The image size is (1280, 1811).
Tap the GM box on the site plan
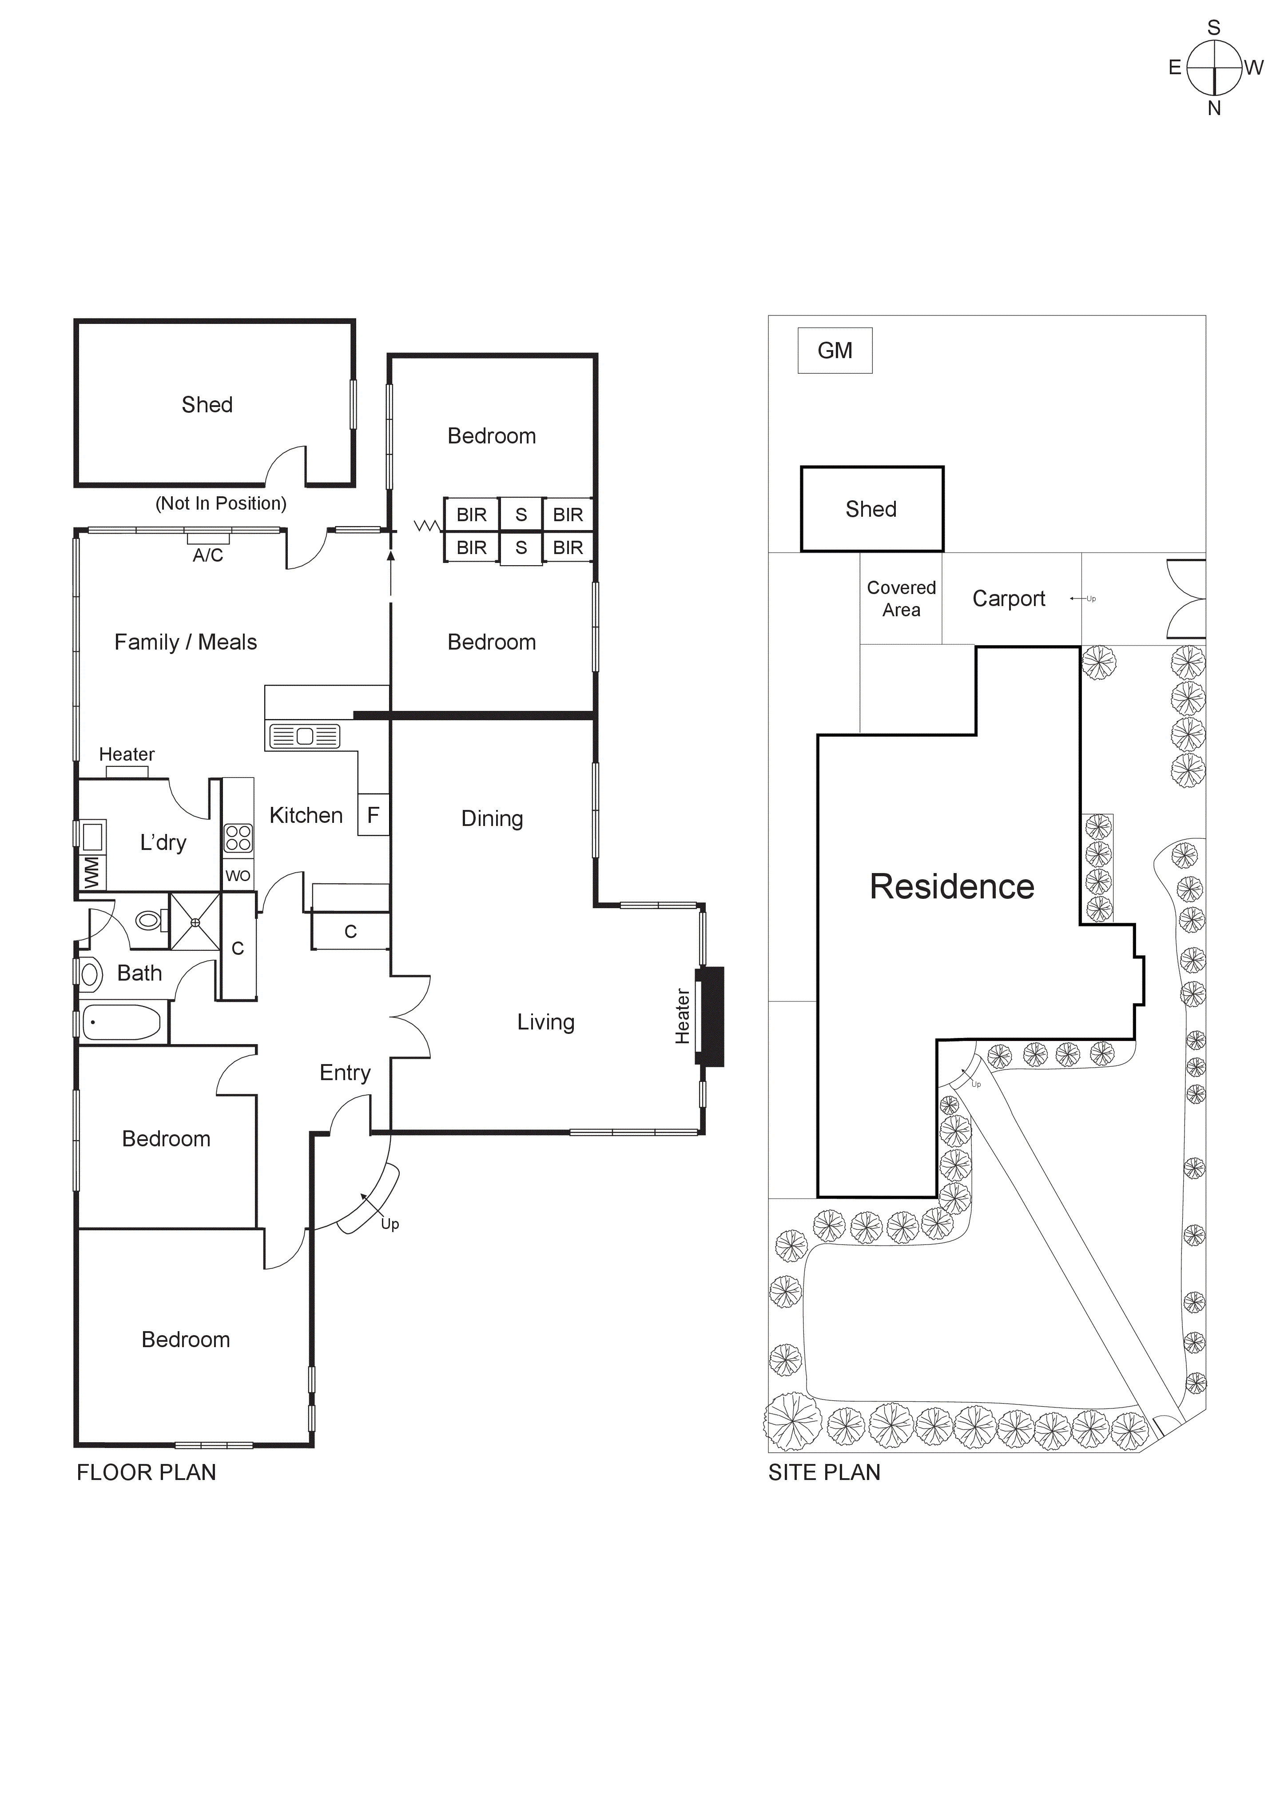click(x=835, y=350)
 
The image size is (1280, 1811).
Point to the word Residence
click(x=951, y=886)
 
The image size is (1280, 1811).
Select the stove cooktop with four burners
click(x=238, y=838)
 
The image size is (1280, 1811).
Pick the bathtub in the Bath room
click(x=122, y=1023)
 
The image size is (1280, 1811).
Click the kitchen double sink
click(x=304, y=736)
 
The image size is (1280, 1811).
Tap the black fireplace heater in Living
click(x=712, y=1017)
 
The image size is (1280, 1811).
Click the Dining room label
click(x=492, y=819)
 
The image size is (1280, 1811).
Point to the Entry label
click(x=345, y=1073)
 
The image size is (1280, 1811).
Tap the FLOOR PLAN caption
click(x=146, y=1472)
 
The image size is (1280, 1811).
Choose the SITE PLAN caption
click(x=824, y=1472)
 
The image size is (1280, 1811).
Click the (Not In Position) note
click(x=221, y=503)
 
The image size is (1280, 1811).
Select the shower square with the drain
click(x=195, y=921)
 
